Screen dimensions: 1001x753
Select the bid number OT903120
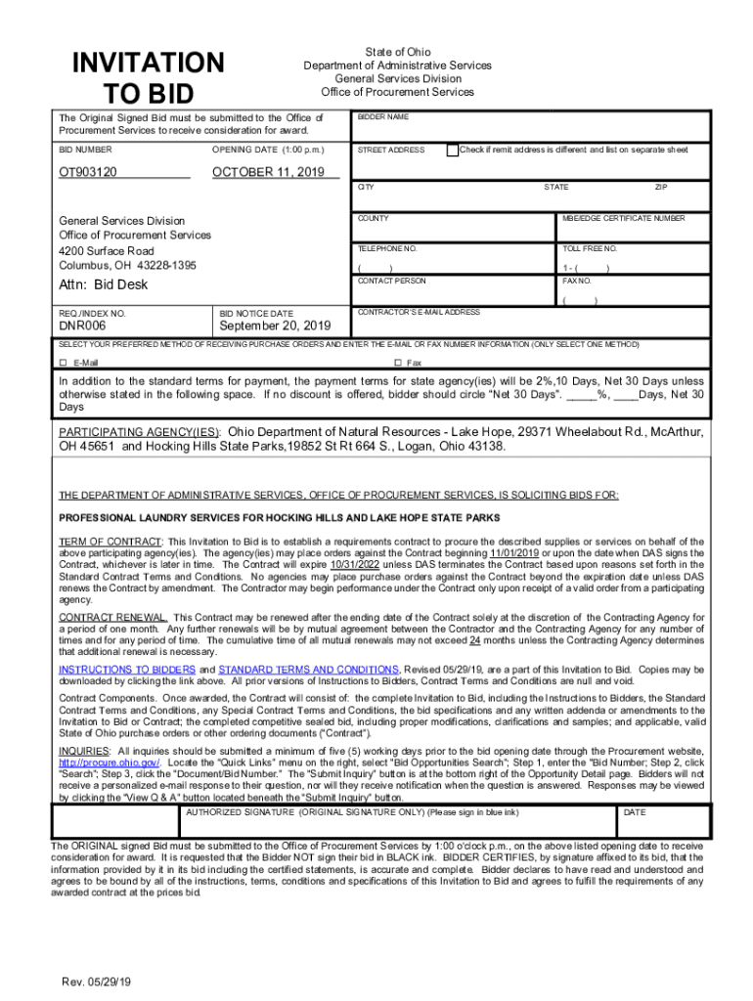(x=88, y=172)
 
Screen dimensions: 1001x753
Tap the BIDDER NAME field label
(x=382, y=117)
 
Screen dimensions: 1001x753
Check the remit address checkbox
(x=452, y=150)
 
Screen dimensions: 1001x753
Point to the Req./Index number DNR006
(x=82, y=326)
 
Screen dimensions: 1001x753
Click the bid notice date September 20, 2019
(x=275, y=326)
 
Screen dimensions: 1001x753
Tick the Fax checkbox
(x=397, y=363)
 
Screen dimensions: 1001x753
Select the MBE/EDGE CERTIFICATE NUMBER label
(x=623, y=218)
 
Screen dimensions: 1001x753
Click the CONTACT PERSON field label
(x=391, y=281)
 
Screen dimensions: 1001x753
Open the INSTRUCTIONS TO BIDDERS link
(x=127, y=670)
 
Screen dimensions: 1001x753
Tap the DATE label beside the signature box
(x=635, y=812)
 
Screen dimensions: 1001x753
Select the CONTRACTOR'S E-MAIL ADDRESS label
(x=419, y=312)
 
